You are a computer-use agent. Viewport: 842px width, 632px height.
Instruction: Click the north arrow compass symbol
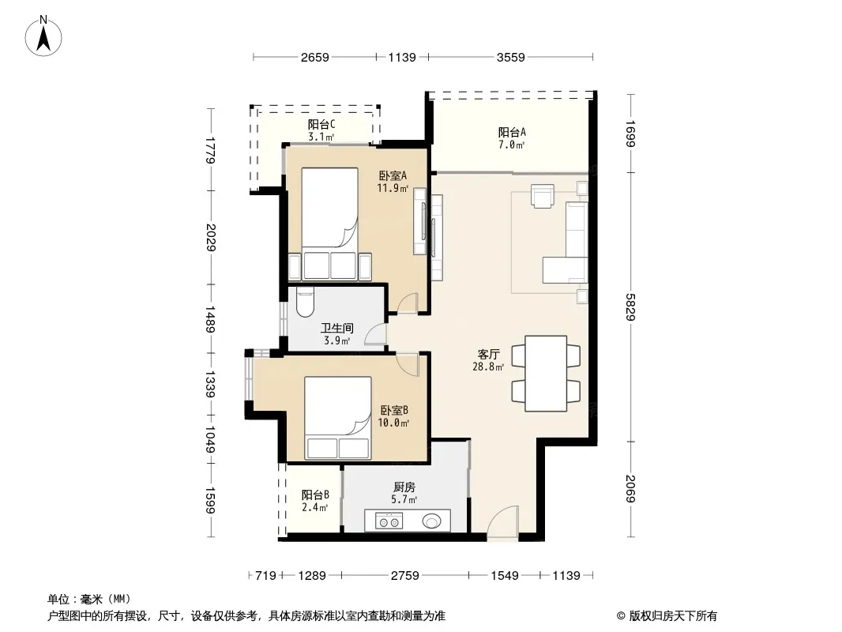[x=43, y=36]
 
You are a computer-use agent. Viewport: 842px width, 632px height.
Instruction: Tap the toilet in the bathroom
[x=305, y=302]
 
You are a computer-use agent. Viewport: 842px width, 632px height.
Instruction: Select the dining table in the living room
[x=546, y=374]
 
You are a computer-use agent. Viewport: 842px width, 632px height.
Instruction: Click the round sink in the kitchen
[x=432, y=521]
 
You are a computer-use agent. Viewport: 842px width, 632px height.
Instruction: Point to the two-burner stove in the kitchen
[x=389, y=521]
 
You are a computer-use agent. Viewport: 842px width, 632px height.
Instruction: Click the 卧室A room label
[x=393, y=175]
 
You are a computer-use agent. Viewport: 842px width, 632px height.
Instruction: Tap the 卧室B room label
[x=394, y=410]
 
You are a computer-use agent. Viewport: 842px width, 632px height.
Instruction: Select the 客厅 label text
[x=489, y=355]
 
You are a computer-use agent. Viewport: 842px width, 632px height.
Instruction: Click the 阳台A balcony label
[x=512, y=132]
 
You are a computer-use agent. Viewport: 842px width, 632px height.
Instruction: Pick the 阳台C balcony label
[x=321, y=125]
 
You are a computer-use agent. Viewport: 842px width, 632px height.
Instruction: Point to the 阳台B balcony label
[x=315, y=495]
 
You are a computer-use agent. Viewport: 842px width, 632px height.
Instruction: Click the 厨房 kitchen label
[x=404, y=487]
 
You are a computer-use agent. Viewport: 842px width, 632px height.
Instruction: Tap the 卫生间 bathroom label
[x=337, y=328]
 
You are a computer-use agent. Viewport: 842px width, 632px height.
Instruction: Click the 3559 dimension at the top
[x=511, y=57]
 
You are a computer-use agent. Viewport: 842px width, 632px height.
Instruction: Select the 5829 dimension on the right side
[x=631, y=307]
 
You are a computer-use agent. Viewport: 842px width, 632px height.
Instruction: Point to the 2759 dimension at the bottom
[x=405, y=576]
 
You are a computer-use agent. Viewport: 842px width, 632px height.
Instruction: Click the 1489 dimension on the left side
[x=210, y=319]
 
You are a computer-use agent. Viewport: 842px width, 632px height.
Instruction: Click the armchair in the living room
[x=543, y=195]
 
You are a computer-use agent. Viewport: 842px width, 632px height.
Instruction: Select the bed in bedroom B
[x=338, y=418]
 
